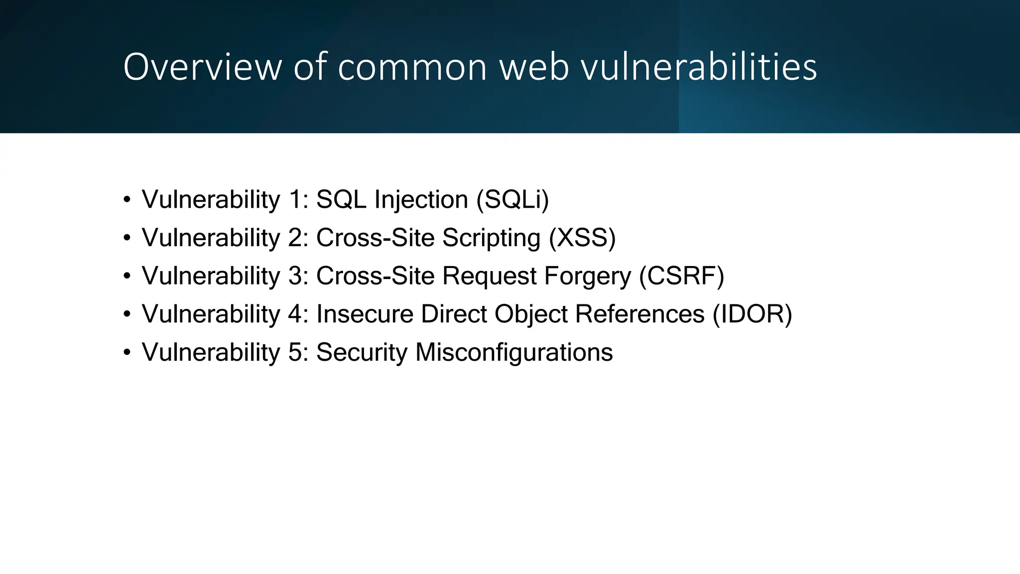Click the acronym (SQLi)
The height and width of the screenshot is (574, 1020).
click(x=512, y=199)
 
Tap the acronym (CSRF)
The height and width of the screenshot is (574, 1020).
click(x=681, y=276)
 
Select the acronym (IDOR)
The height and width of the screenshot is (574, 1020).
click(x=752, y=314)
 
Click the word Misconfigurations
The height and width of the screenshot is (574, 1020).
click(x=514, y=352)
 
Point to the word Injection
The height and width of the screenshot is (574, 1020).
click(x=421, y=199)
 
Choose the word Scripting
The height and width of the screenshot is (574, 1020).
click(x=491, y=238)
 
